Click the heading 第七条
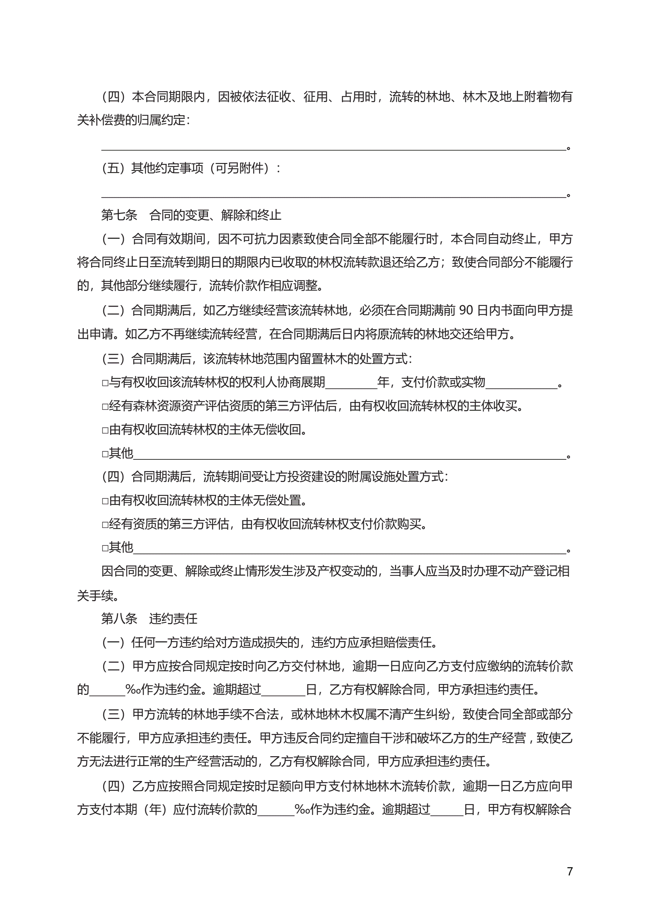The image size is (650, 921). [x=119, y=215]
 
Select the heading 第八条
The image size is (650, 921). [x=119, y=618]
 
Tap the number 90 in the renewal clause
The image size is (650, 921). [x=466, y=310]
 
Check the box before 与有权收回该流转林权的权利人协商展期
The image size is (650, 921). [x=105, y=383]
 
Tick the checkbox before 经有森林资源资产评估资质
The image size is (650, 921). [x=105, y=407]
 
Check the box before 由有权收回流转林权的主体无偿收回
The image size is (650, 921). [x=105, y=430]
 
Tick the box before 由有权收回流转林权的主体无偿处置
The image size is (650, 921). [x=105, y=501]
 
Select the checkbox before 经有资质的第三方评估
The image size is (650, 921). [x=105, y=525]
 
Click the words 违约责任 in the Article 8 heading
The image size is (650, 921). [x=173, y=618]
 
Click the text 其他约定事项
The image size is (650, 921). [x=167, y=168]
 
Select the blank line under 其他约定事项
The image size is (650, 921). [x=334, y=195]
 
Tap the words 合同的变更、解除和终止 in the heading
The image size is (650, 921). [x=215, y=215]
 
